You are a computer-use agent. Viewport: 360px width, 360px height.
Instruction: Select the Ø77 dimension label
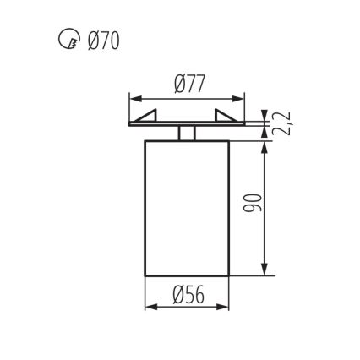[188, 84]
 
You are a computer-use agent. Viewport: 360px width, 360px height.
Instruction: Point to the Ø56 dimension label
[188, 294]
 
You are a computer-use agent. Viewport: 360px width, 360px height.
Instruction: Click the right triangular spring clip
[227, 117]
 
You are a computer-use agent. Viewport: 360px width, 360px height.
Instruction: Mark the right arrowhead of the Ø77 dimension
[242, 98]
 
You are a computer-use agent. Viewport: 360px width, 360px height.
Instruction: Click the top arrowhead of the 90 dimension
[268, 144]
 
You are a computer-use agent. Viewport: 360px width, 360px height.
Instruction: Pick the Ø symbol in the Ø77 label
[178, 84]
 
